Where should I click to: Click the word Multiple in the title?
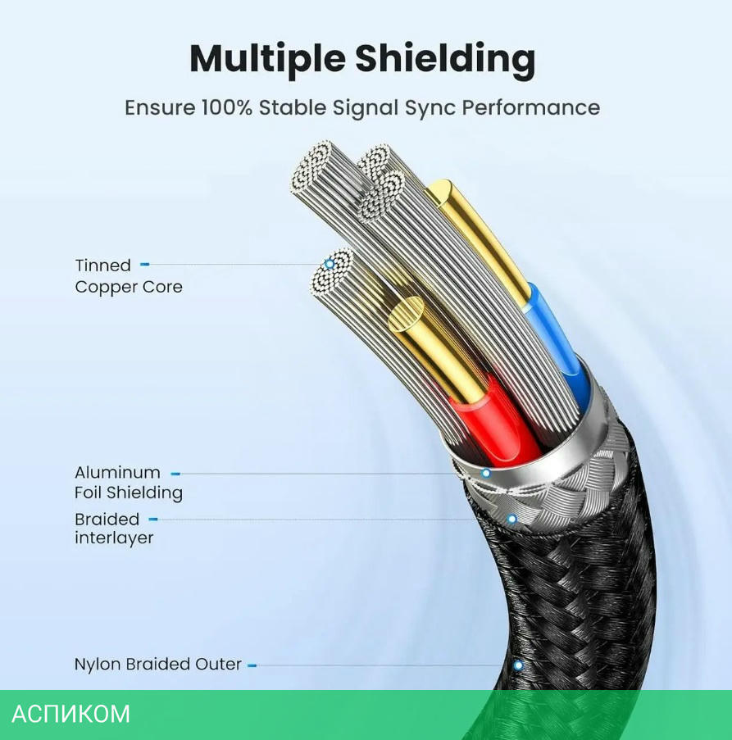point(266,59)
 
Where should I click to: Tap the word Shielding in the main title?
point(445,59)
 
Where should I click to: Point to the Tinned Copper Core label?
point(128,276)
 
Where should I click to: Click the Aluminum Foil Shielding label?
point(128,483)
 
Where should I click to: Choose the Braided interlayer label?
point(114,529)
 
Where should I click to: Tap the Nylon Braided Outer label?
point(157,665)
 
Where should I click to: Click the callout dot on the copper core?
point(330,264)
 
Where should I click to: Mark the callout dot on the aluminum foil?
point(486,473)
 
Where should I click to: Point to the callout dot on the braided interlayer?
point(511,519)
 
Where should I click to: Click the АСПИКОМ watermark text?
point(71,714)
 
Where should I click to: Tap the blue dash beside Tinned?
point(145,265)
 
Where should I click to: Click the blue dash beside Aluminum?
point(175,473)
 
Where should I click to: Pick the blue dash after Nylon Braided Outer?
point(252,665)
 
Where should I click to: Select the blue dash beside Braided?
point(152,519)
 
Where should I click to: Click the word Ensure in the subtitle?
point(160,107)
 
